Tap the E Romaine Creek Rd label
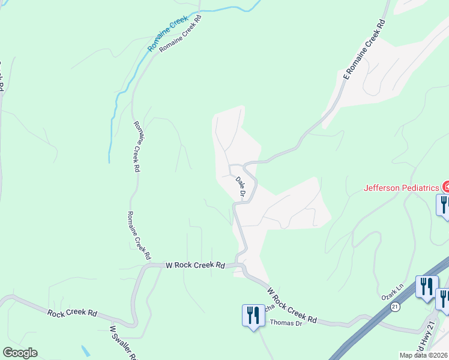[363, 50]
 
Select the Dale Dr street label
[241, 187]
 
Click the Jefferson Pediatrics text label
[401, 188]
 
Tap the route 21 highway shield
[394, 307]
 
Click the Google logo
[19, 353]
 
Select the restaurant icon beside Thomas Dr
[252, 314]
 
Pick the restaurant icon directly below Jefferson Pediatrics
[444, 205]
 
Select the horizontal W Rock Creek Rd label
[196, 265]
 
